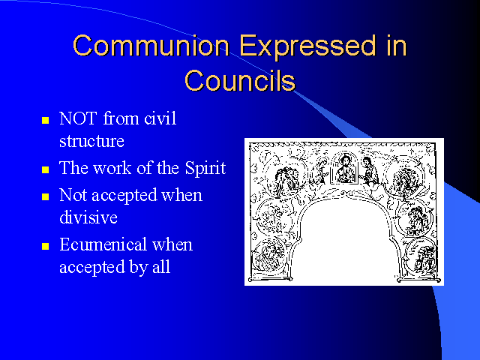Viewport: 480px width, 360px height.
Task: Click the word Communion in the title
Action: pyautogui.click(x=151, y=45)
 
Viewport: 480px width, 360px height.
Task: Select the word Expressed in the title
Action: pyautogui.click(x=307, y=46)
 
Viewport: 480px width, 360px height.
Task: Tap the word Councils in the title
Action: pyautogui.click(x=240, y=80)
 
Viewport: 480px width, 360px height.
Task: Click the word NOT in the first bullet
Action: pyautogui.click(x=78, y=118)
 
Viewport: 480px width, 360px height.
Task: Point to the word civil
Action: pyautogui.click(x=160, y=118)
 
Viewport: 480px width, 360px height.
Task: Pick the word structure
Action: pyautogui.click(x=91, y=141)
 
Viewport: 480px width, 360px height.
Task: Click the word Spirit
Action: pyautogui.click(x=205, y=169)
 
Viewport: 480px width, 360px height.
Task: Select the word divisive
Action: pyautogui.click(x=88, y=217)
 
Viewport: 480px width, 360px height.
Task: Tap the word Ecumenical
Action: pyautogui.click(x=103, y=244)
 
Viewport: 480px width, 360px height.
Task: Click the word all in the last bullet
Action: pyautogui.click(x=161, y=267)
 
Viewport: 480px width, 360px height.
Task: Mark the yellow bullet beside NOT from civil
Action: pyautogui.click(x=45, y=120)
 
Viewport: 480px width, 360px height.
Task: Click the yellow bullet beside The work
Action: pyautogui.click(x=45, y=169)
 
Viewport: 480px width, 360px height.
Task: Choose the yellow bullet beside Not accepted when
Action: pyautogui.click(x=45, y=196)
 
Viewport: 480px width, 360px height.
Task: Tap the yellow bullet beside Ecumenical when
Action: pyautogui.click(x=45, y=246)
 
